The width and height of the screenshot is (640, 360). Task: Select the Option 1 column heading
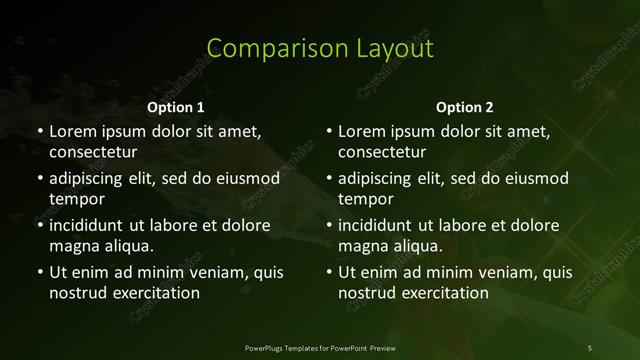point(176,107)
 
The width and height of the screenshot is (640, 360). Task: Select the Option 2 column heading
point(465,107)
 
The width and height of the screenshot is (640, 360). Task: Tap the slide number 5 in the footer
point(590,347)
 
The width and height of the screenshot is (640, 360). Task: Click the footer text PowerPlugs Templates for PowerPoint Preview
point(320,347)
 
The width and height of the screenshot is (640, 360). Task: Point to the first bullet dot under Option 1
point(39,131)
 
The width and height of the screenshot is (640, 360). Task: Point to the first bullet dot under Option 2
point(328,131)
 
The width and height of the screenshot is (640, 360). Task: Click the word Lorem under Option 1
point(72,131)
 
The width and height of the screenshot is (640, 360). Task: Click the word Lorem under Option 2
point(362,131)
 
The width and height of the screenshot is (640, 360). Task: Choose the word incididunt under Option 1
point(91,225)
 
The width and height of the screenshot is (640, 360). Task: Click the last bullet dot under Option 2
point(328,272)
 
